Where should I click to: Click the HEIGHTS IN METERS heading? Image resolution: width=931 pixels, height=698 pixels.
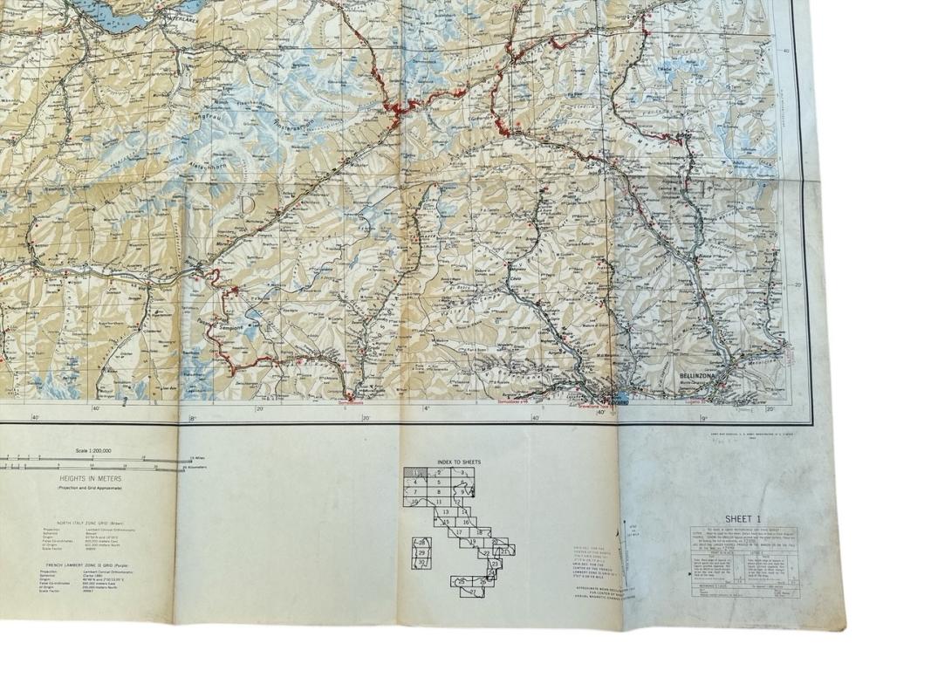[x=91, y=479]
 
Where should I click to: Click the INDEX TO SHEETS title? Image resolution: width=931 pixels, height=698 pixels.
[x=459, y=462]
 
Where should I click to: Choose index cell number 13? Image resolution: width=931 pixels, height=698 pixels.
[x=445, y=512]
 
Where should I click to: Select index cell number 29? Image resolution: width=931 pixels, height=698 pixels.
[x=421, y=552]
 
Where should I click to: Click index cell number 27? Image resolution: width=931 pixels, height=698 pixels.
[x=473, y=592]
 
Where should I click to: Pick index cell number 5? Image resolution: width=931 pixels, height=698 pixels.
[x=439, y=482]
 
